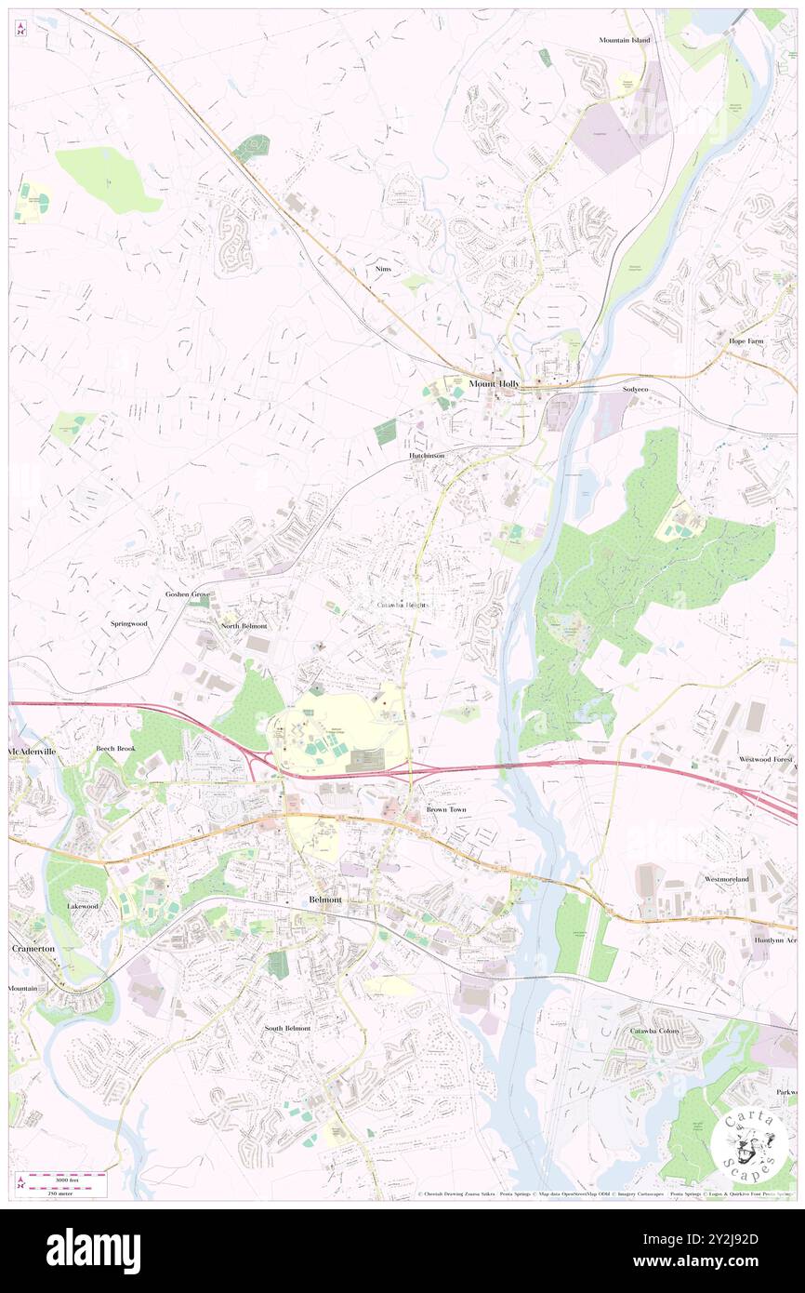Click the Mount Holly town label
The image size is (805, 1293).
click(495, 383)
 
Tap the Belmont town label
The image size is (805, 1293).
click(325, 900)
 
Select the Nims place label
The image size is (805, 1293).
click(382, 268)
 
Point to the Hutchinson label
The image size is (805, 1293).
click(426, 456)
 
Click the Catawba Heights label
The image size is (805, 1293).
click(402, 605)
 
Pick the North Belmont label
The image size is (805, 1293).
click(244, 626)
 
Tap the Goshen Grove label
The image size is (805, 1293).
click(187, 593)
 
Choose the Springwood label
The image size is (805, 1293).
click(128, 623)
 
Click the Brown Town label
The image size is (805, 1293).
click(446, 809)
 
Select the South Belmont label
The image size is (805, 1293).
click(287, 1028)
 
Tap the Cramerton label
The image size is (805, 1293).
click(33, 948)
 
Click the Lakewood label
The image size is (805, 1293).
click(82, 905)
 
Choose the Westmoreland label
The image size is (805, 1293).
click(727, 878)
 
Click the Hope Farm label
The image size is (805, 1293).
click(746, 341)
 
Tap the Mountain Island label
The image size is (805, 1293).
click(625, 40)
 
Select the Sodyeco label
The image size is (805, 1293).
click(635, 389)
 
